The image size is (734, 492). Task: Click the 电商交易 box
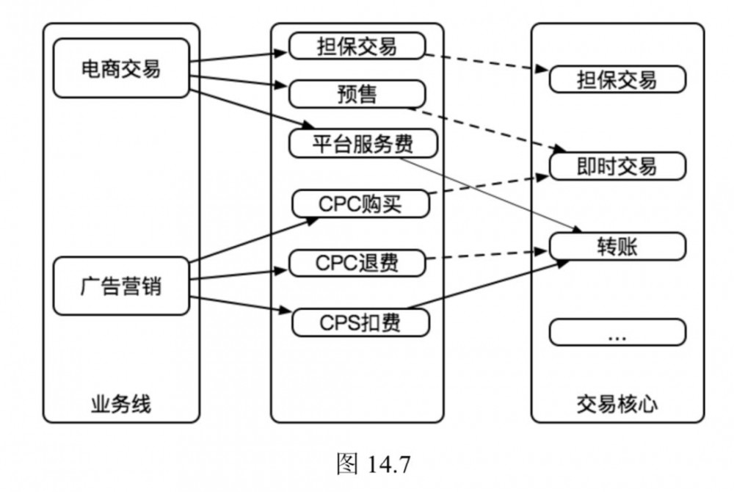click(x=120, y=68)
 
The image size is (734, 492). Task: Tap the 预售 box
click(x=357, y=93)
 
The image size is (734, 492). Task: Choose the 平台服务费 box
click(x=363, y=143)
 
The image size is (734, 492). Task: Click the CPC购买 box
click(x=360, y=203)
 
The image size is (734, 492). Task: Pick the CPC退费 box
click(x=358, y=262)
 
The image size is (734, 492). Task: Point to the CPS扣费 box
click(x=360, y=322)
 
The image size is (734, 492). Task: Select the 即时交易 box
click(x=617, y=166)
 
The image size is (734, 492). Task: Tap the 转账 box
click(x=617, y=246)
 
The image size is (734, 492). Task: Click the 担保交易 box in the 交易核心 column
click(x=617, y=79)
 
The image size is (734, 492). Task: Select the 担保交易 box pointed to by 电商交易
click(x=357, y=46)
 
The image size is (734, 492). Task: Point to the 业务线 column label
click(x=120, y=403)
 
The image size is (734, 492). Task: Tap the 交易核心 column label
click(x=617, y=403)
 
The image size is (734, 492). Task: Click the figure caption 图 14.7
click(x=372, y=464)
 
